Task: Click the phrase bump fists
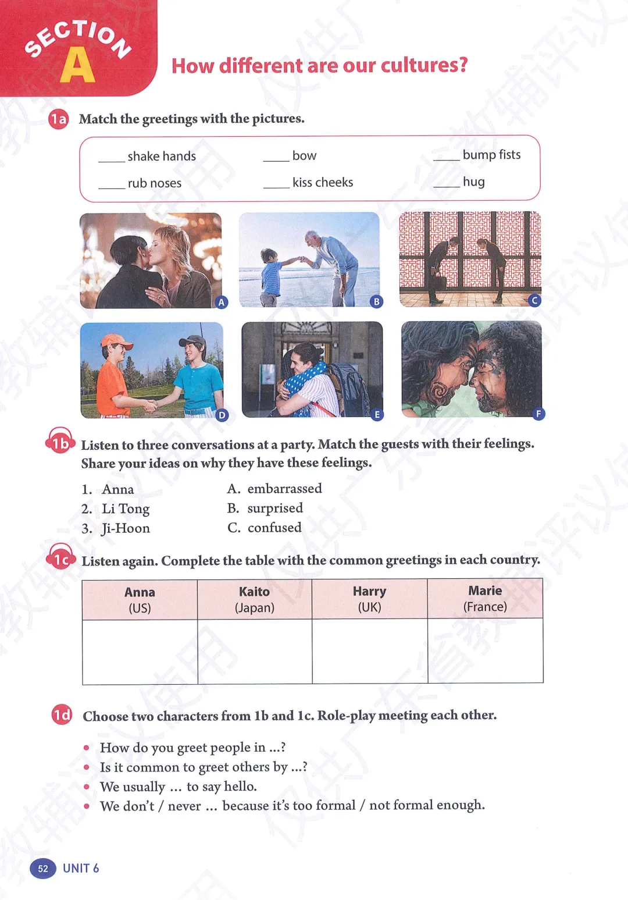tap(491, 155)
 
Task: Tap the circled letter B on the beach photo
tap(377, 301)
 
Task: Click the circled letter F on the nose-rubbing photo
tap(538, 414)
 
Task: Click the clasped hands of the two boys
tap(151, 405)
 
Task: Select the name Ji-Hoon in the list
tap(126, 528)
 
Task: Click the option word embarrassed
tap(284, 489)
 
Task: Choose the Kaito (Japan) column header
tap(255, 599)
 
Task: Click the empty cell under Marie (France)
tap(485, 650)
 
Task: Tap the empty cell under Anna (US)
tap(140, 652)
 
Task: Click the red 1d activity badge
tap(62, 714)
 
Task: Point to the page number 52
tap(43, 869)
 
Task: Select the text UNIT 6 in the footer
tap(81, 868)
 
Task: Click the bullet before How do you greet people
tap(87, 748)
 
